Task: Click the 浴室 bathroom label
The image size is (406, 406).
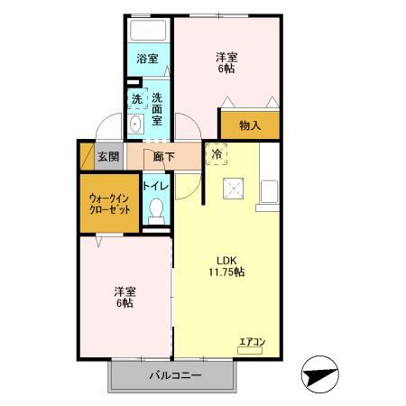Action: click(146, 60)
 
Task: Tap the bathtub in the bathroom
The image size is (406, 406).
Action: click(148, 29)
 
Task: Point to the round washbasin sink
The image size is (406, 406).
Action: click(135, 124)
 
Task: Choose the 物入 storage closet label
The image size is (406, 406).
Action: click(251, 126)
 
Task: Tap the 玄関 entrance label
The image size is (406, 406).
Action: click(108, 156)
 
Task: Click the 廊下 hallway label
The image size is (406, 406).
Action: click(164, 156)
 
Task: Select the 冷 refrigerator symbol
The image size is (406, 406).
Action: click(217, 154)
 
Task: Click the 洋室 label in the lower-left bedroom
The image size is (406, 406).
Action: click(125, 297)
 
